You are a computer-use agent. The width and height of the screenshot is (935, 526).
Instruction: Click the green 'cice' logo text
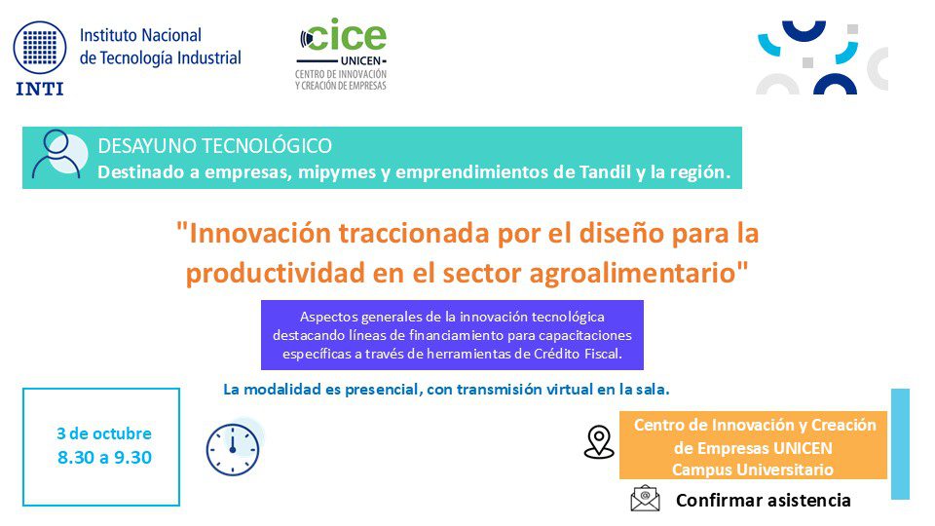(347, 36)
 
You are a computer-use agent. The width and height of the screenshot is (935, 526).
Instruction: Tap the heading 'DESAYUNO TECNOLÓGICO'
(214, 146)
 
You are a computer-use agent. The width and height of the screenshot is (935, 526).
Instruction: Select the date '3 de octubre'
(104, 433)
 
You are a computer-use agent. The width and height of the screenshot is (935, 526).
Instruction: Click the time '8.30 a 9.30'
(104, 457)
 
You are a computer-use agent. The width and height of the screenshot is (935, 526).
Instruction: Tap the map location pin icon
(599, 441)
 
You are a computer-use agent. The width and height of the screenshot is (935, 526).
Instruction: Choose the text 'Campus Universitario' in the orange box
(753, 469)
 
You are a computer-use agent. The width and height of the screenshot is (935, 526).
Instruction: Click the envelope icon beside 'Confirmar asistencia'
(645, 499)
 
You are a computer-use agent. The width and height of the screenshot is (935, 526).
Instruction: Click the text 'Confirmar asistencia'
(763, 501)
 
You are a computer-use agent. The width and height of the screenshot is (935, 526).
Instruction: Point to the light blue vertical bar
(900, 443)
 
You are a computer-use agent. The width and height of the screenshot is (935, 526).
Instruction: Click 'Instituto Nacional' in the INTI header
(140, 36)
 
